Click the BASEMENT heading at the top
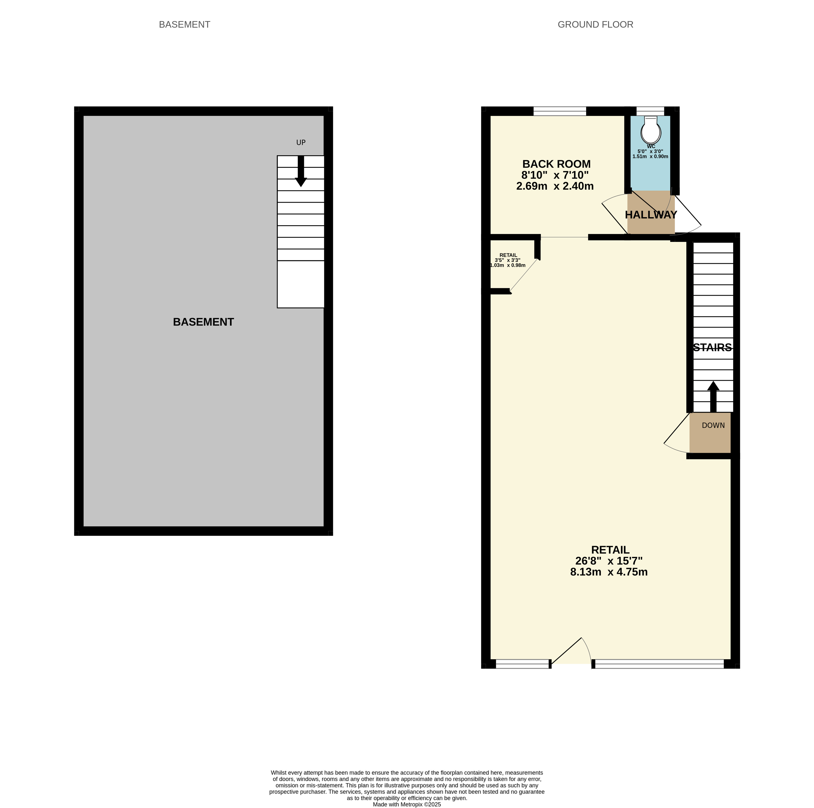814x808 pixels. pyautogui.click(x=185, y=24)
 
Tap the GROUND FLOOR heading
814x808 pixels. pyautogui.click(x=595, y=24)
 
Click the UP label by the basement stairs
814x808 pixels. pyautogui.click(x=301, y=142)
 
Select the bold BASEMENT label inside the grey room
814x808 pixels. pyautogui.click(x=203, y=322)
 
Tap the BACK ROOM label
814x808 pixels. pyautogui.click(x=557, y=164)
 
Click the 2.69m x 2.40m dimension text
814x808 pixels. pyautogui.click(x=555, y=186)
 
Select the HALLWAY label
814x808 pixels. pyautogui.click(x=651, y=215)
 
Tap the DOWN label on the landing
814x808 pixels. pyautogui.click(x=713, y=425)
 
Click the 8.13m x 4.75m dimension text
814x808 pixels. pyautogui.click(x=609, y=572)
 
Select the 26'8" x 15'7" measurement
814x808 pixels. pyautogui.click(x=609, y=561)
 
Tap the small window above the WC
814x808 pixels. pyautogui.click(x=650, y=111)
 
